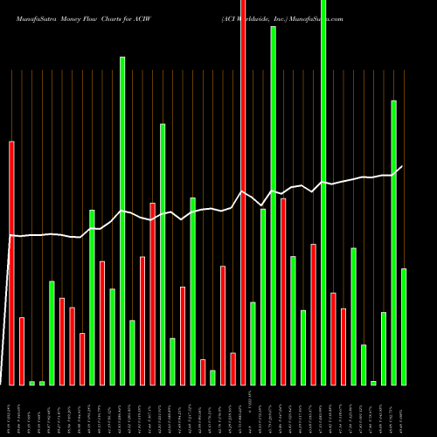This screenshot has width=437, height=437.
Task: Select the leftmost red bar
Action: click(12, 262)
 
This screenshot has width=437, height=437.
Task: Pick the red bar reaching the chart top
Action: click(243, 192)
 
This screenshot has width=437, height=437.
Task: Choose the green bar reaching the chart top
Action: click(323, 192)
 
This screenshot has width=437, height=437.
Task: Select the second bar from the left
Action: click(22, 350)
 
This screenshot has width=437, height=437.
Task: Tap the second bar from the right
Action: click(394, 242)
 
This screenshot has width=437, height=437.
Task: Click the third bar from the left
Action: click(32, 383)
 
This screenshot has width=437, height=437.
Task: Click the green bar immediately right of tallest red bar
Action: click(253, 343)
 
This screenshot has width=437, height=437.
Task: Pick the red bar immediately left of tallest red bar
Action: click(232, 368)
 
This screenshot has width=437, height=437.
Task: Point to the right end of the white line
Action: click(403, 166)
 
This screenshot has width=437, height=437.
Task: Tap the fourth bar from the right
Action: click(374, 383)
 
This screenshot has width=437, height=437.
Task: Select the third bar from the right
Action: click(384, 348)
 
